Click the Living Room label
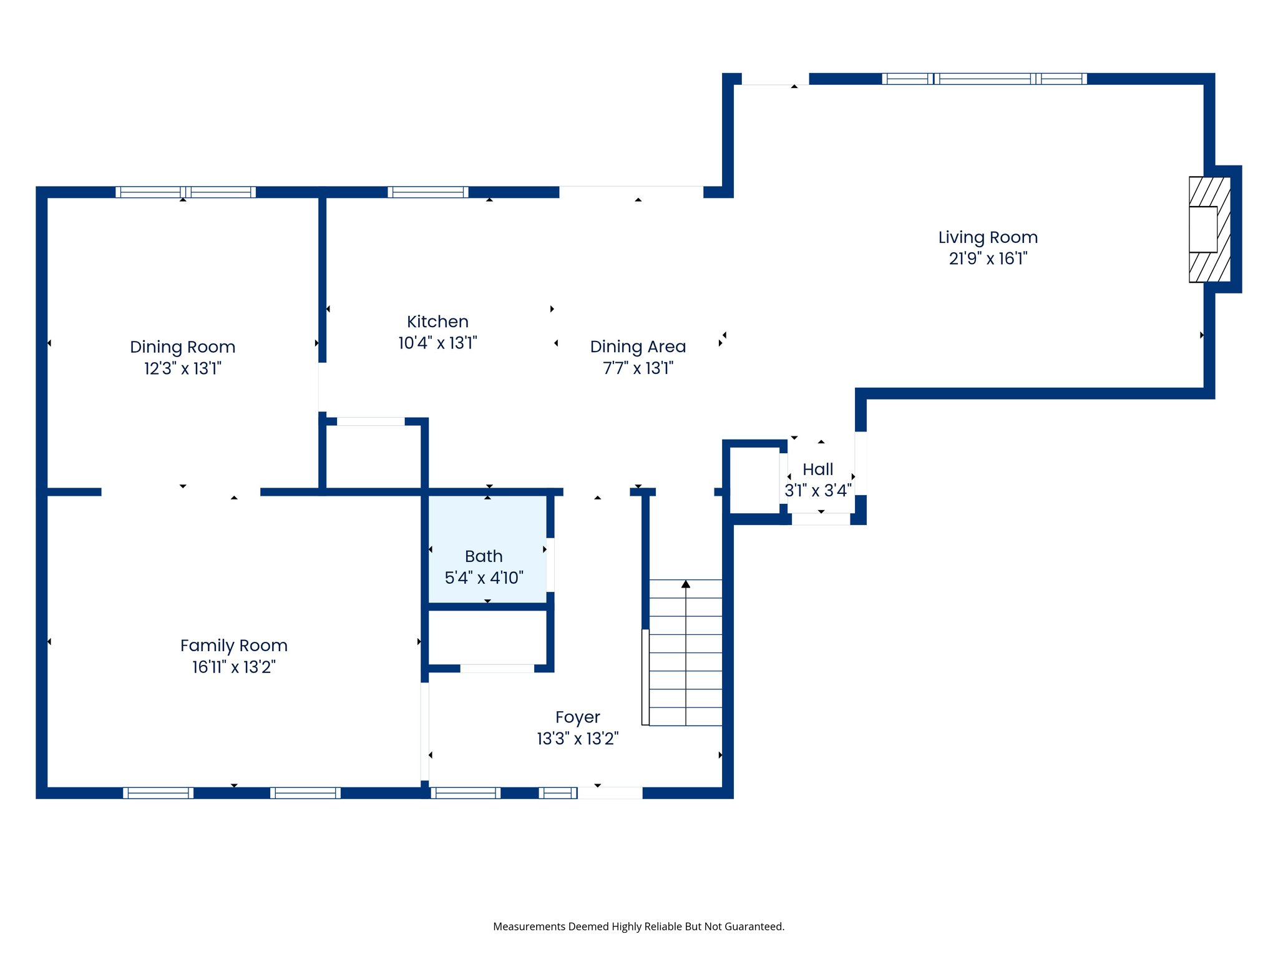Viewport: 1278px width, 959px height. (x=987, y=237)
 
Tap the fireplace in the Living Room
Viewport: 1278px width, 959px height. (x=1208, y=229)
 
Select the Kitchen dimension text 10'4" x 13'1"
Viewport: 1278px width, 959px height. (x=437, y=343)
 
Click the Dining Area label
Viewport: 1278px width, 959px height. (x=638, y=347)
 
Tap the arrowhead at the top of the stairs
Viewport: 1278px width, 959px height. (x=686, y=584)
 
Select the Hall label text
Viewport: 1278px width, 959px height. (x=817, y=470)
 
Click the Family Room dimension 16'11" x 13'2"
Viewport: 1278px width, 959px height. (x=233, y=667)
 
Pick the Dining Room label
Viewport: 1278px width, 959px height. (x=182, y=347)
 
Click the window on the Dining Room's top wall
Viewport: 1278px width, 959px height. (x=185, y=192)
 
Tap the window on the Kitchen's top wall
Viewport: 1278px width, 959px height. (x=427, y=192)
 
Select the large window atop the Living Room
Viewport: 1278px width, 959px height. (x=984, y=79)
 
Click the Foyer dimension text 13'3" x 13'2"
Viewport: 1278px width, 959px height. (x=577, y=739)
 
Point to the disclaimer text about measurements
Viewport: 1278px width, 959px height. (x=638, y=927)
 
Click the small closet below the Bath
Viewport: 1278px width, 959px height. (x=487, y=637)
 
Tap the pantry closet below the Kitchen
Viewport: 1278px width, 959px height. (x=373, y=456)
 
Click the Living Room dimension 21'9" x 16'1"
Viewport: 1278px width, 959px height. (x=987, y=258)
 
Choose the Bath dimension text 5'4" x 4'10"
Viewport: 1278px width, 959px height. (x=484, y=578)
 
